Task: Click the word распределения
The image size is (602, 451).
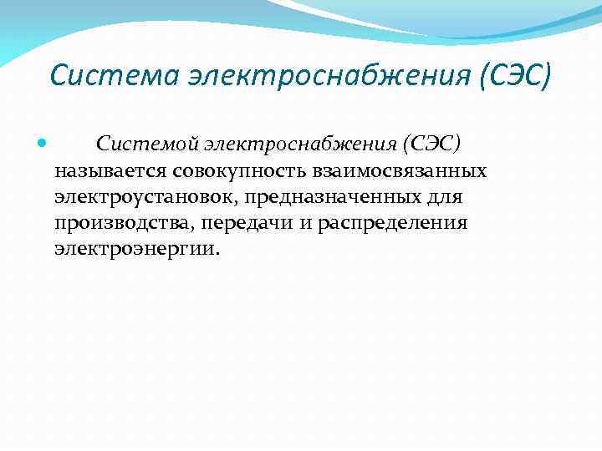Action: [x=386, y=224]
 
